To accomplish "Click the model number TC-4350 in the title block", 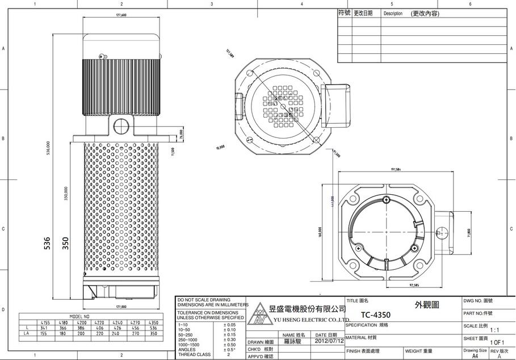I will [x=375, y=315].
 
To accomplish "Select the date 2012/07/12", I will [x=329, y=341].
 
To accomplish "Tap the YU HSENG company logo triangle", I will [x=259, y=315].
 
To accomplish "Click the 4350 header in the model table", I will [x=153, y=322].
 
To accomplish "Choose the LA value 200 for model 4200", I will [x=81, y=334].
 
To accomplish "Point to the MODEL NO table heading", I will [x=79, y=316].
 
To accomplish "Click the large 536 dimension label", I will [x=48, y=243].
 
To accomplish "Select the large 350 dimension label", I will [x=65, y=243].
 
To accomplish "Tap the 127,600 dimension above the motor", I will [x=121, y=15].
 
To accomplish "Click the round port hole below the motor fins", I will [x=120, y=124].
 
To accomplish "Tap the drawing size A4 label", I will [x=474, y=356].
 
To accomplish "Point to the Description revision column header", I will [x=392, y=13].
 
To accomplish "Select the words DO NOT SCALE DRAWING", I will [x=204, y=299].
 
